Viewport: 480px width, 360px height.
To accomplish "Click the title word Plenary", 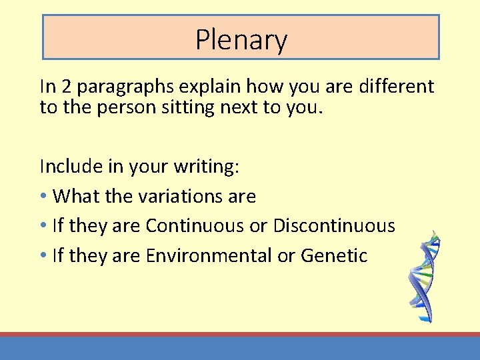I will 241,40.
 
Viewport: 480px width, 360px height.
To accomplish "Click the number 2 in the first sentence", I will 65,87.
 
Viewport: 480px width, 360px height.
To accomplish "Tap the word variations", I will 173,196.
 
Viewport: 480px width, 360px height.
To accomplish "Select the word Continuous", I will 195,226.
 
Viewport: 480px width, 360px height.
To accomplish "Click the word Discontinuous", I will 333,226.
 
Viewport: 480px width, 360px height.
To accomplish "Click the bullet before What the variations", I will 43,197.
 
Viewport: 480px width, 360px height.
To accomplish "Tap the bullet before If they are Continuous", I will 43,227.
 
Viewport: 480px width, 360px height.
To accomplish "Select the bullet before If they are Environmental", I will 43,256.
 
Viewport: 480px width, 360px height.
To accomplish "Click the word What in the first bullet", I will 71,196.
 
